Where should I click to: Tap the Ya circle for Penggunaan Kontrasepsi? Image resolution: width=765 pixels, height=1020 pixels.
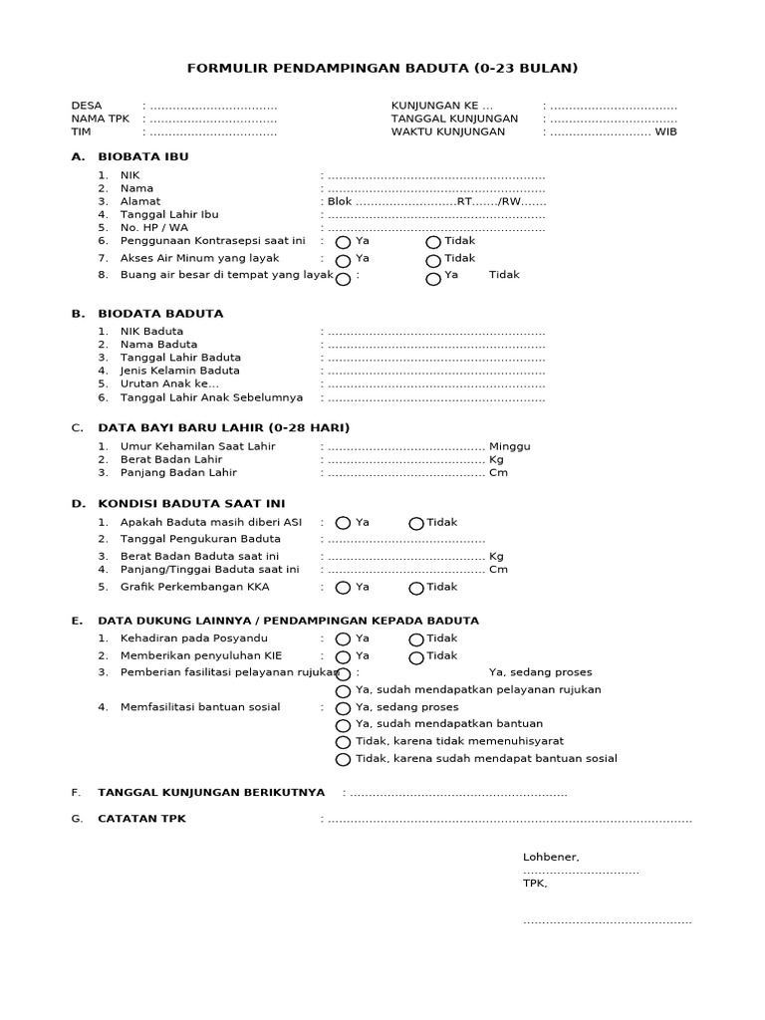coord(343,242)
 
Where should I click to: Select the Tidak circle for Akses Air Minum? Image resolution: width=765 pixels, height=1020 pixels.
coord(433,260)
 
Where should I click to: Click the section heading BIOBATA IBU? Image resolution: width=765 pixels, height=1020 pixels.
coord(142,157)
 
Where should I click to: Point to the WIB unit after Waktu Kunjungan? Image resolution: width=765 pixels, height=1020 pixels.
coord(665,131)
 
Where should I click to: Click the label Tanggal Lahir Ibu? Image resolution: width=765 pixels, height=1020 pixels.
coord(169,214)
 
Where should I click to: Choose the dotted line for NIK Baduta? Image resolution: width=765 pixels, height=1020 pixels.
coord(435,332)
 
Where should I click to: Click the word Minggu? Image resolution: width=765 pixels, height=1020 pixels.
coord(510,446)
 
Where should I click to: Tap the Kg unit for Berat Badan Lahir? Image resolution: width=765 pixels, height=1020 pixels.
coord(496,460)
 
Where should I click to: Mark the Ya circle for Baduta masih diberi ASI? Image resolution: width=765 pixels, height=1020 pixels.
coord(343,523)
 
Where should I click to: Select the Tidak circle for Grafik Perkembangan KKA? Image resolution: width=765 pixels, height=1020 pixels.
coord(416,589)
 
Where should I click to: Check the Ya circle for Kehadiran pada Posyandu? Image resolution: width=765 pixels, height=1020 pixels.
coord(343,639)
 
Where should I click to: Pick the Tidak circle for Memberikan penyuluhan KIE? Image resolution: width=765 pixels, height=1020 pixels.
coord(416,657)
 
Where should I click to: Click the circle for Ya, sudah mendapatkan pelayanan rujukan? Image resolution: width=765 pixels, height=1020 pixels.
coord(343,691)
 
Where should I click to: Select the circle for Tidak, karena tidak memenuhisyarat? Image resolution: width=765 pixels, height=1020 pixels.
coord(343,742)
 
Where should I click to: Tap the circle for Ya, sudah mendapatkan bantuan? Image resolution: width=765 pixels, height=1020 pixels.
coord(343,725)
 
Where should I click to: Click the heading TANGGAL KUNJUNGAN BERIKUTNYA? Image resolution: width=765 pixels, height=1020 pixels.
coord(211,793)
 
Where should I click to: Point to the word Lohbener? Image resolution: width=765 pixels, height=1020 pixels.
coord(551,857)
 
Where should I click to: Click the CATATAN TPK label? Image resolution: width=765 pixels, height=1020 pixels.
coord(141,819)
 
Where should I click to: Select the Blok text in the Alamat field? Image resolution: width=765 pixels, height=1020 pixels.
coord(340,201)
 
